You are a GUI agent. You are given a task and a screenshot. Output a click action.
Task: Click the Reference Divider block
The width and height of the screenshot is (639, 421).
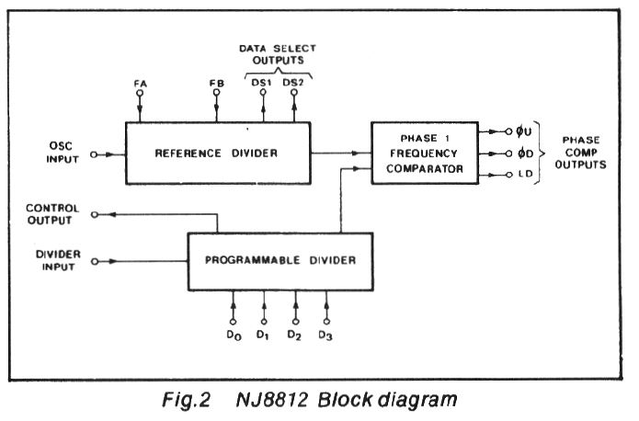218,152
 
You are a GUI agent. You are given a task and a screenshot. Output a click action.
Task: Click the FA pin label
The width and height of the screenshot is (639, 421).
140,84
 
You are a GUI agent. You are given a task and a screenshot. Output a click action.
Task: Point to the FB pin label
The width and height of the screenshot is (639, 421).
217,84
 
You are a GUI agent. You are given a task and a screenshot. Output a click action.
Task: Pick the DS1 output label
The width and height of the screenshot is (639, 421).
262,84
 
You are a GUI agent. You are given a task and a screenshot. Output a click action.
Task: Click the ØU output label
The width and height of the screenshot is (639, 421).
527,131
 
